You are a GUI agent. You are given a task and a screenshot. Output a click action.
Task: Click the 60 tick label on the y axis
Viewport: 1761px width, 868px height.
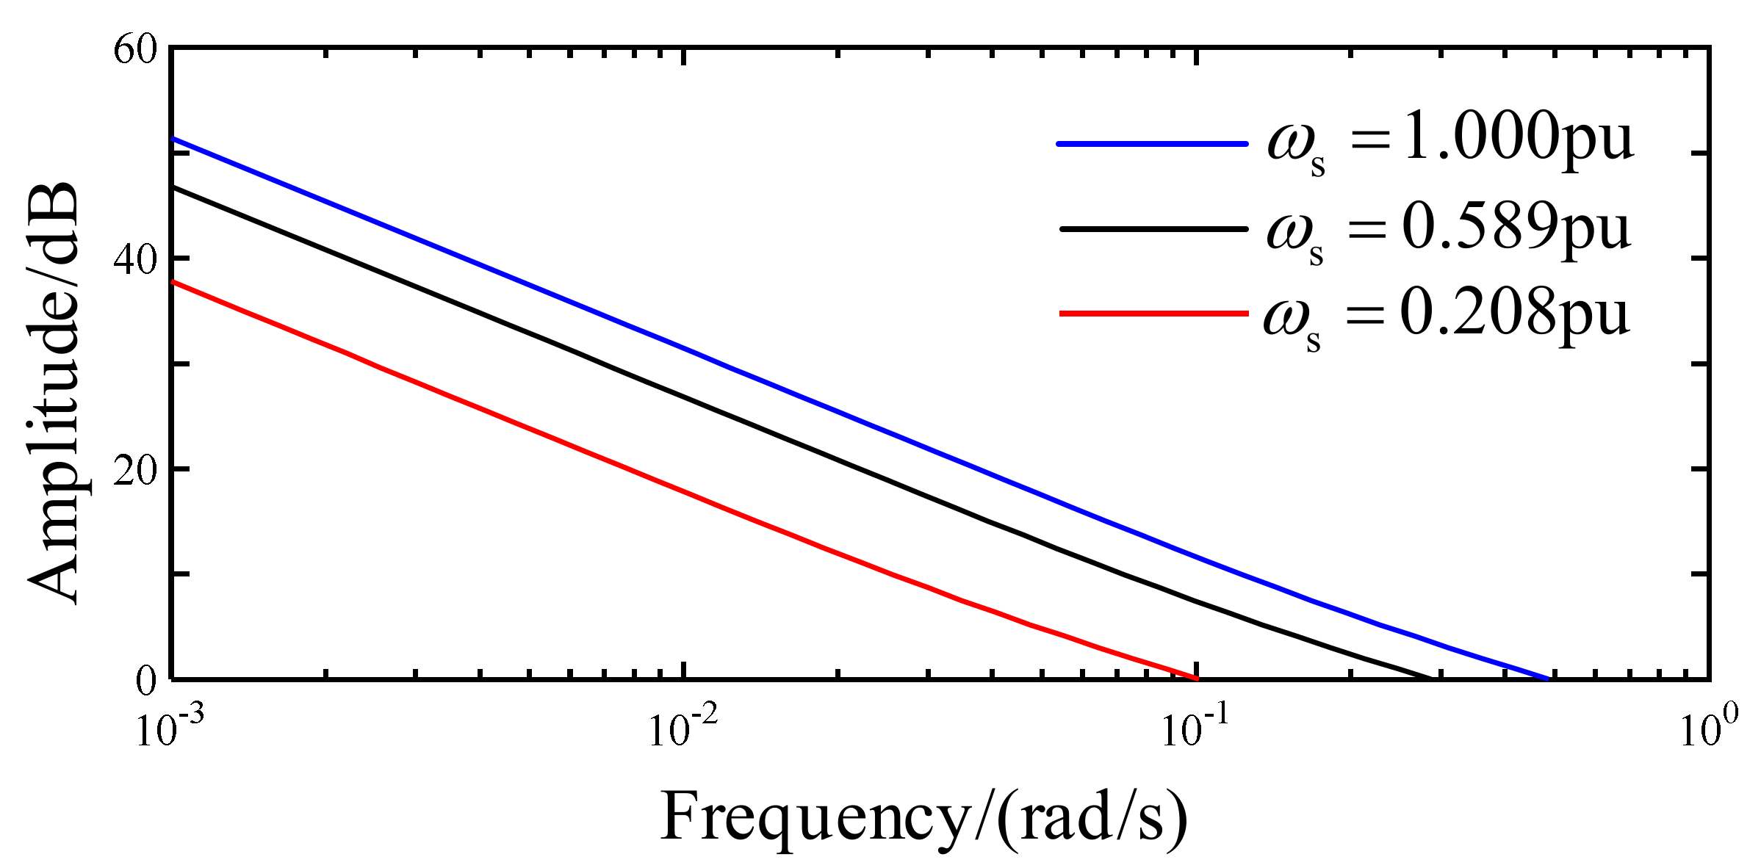[x=135, y=51]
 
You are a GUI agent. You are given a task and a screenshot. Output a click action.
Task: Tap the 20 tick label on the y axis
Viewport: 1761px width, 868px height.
[x=135, y=470]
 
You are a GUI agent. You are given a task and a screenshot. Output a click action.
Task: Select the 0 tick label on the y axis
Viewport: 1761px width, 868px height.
[x=146, y=681]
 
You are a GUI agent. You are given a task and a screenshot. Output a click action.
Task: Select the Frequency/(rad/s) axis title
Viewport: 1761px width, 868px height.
[x=923, y=817]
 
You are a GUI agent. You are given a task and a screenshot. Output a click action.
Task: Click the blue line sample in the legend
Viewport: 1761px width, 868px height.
[x=1152, y=144]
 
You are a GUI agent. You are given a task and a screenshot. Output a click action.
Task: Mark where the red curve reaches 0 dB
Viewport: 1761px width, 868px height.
[x=1196, y=677]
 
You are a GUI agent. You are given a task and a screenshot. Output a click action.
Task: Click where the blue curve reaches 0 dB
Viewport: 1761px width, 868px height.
[x=1547, y=678]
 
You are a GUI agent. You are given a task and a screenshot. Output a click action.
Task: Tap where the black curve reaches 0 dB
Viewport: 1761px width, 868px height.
[x=1430, y=677]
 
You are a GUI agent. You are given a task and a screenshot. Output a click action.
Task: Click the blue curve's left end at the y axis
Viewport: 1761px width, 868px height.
[x=173, y=139]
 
